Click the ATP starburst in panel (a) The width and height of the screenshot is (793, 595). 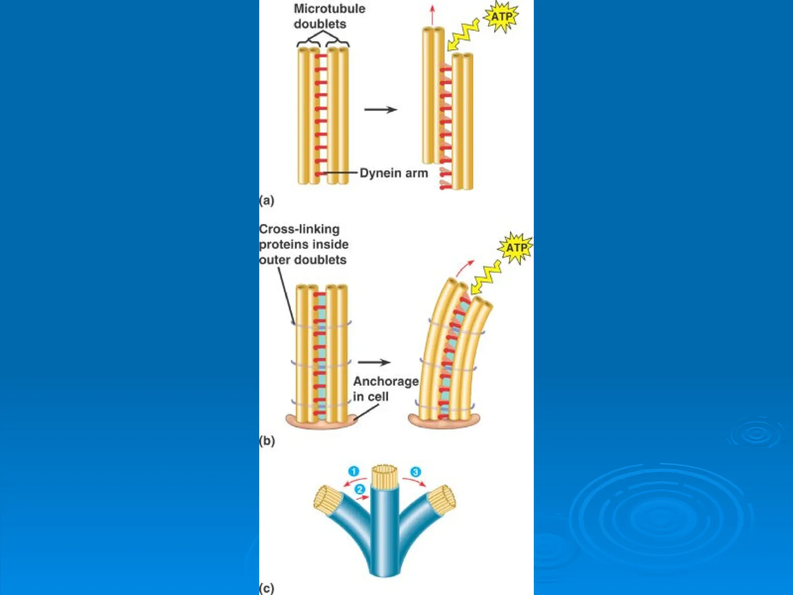tap(502, 17)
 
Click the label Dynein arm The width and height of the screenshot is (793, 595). tap(393, 173)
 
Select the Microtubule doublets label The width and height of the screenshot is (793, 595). tap(329, 16)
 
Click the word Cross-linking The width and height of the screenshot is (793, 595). tap(299, 229)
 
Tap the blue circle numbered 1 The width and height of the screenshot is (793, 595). tap(354, 471)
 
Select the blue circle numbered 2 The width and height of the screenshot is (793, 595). tap(360, 489)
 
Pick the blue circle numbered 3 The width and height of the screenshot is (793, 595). tap(415, 472)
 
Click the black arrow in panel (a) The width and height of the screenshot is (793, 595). tap(381, 110)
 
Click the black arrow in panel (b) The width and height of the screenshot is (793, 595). tap(374, 363)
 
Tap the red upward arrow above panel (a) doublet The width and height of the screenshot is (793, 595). tap(433, 15)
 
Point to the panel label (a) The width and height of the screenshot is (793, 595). tap(267, 200)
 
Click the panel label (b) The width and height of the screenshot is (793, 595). tap(267, 441)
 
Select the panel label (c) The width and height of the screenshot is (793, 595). tap(267, 588)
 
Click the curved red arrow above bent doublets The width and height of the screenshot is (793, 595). tap(465, 268)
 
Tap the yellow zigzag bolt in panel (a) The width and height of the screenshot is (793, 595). tap(463, 36)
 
